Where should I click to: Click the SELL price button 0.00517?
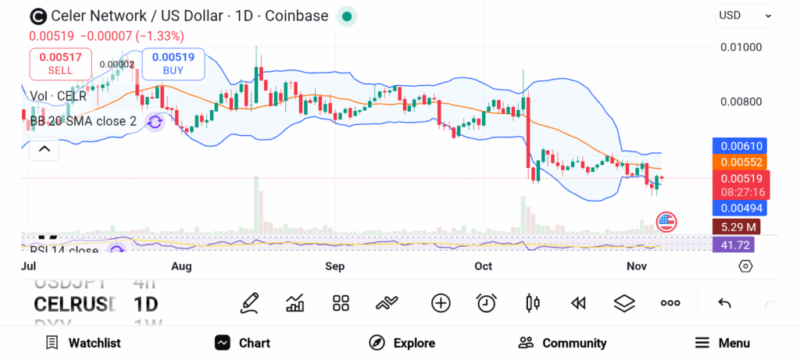point(60,63)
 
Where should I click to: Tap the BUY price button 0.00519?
point(173,63)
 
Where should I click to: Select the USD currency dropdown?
point(745,16)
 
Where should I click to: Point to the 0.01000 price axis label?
point(740,47)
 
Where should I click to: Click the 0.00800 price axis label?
point(740,102)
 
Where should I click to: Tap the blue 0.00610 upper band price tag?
point(739,146)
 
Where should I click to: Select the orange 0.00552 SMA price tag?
point(739,162)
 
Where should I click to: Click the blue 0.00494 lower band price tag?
point(739,208)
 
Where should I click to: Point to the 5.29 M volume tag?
point(735,227)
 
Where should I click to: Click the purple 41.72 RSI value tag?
point(733,244)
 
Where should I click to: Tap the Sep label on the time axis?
point(335,266)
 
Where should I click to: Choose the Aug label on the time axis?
point(181,266)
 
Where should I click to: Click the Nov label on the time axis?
point(636,266)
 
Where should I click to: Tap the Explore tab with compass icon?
point(402,343)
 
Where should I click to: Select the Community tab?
point(562,343)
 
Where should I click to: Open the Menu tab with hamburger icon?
point(723,343)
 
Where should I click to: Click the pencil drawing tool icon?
point(249,303)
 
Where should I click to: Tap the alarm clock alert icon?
point(487,303)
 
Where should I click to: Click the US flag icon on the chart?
point(666,223)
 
